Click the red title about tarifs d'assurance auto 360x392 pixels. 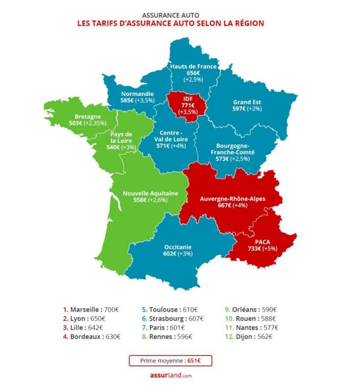[x=170, y=23]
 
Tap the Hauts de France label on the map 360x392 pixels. [x=193, y=65]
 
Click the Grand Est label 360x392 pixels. [x=247, y=102]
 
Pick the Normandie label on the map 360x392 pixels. [x=137, y=94]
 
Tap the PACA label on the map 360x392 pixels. [x=262, y=241]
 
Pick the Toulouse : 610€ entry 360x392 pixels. [x=167, y=310]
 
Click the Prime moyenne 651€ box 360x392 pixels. [x=170, y=361]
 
